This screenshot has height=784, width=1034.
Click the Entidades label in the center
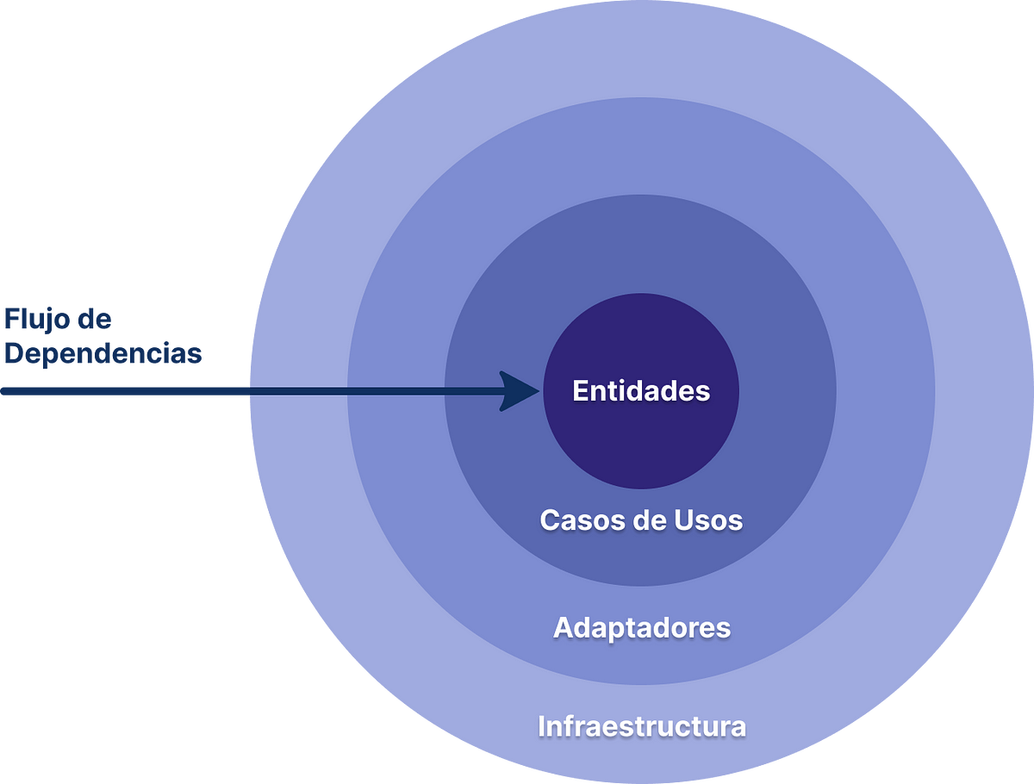pos(641,391)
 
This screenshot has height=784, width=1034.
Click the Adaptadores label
pos(642,627)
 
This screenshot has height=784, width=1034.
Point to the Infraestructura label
pos(642,725)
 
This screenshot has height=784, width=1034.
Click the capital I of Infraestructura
pos(542,725)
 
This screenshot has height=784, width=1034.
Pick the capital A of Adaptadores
pos(562,627)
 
